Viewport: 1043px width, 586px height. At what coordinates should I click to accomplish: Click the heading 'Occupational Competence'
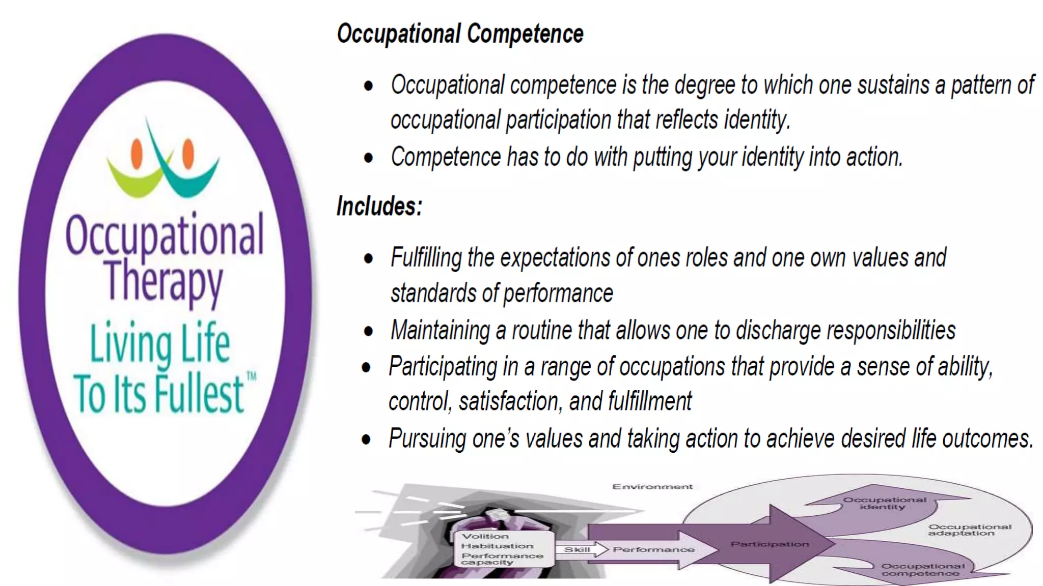460,34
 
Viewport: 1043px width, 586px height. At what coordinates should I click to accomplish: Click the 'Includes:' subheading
379,207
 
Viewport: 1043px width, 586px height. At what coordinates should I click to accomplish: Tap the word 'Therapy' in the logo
164,280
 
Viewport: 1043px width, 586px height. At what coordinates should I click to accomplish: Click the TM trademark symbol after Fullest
251,376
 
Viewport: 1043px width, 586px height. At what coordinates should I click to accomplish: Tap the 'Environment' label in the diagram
652,487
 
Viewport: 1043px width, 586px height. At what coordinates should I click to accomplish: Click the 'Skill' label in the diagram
577,549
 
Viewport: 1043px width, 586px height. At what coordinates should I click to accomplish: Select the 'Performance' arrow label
653,549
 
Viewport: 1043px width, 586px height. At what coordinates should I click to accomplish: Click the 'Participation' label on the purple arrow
770,544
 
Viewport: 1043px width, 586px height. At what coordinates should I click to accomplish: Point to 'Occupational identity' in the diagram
884,503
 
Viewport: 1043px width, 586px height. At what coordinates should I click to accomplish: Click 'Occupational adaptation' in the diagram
969,530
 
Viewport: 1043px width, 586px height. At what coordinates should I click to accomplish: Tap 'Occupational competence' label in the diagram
922,570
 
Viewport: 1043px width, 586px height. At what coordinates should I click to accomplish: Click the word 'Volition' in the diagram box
485,536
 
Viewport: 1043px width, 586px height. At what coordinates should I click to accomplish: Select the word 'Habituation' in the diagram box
497,546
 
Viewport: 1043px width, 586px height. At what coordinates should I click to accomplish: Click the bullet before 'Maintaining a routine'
368,332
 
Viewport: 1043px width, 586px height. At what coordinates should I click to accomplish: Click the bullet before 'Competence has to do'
368,158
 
